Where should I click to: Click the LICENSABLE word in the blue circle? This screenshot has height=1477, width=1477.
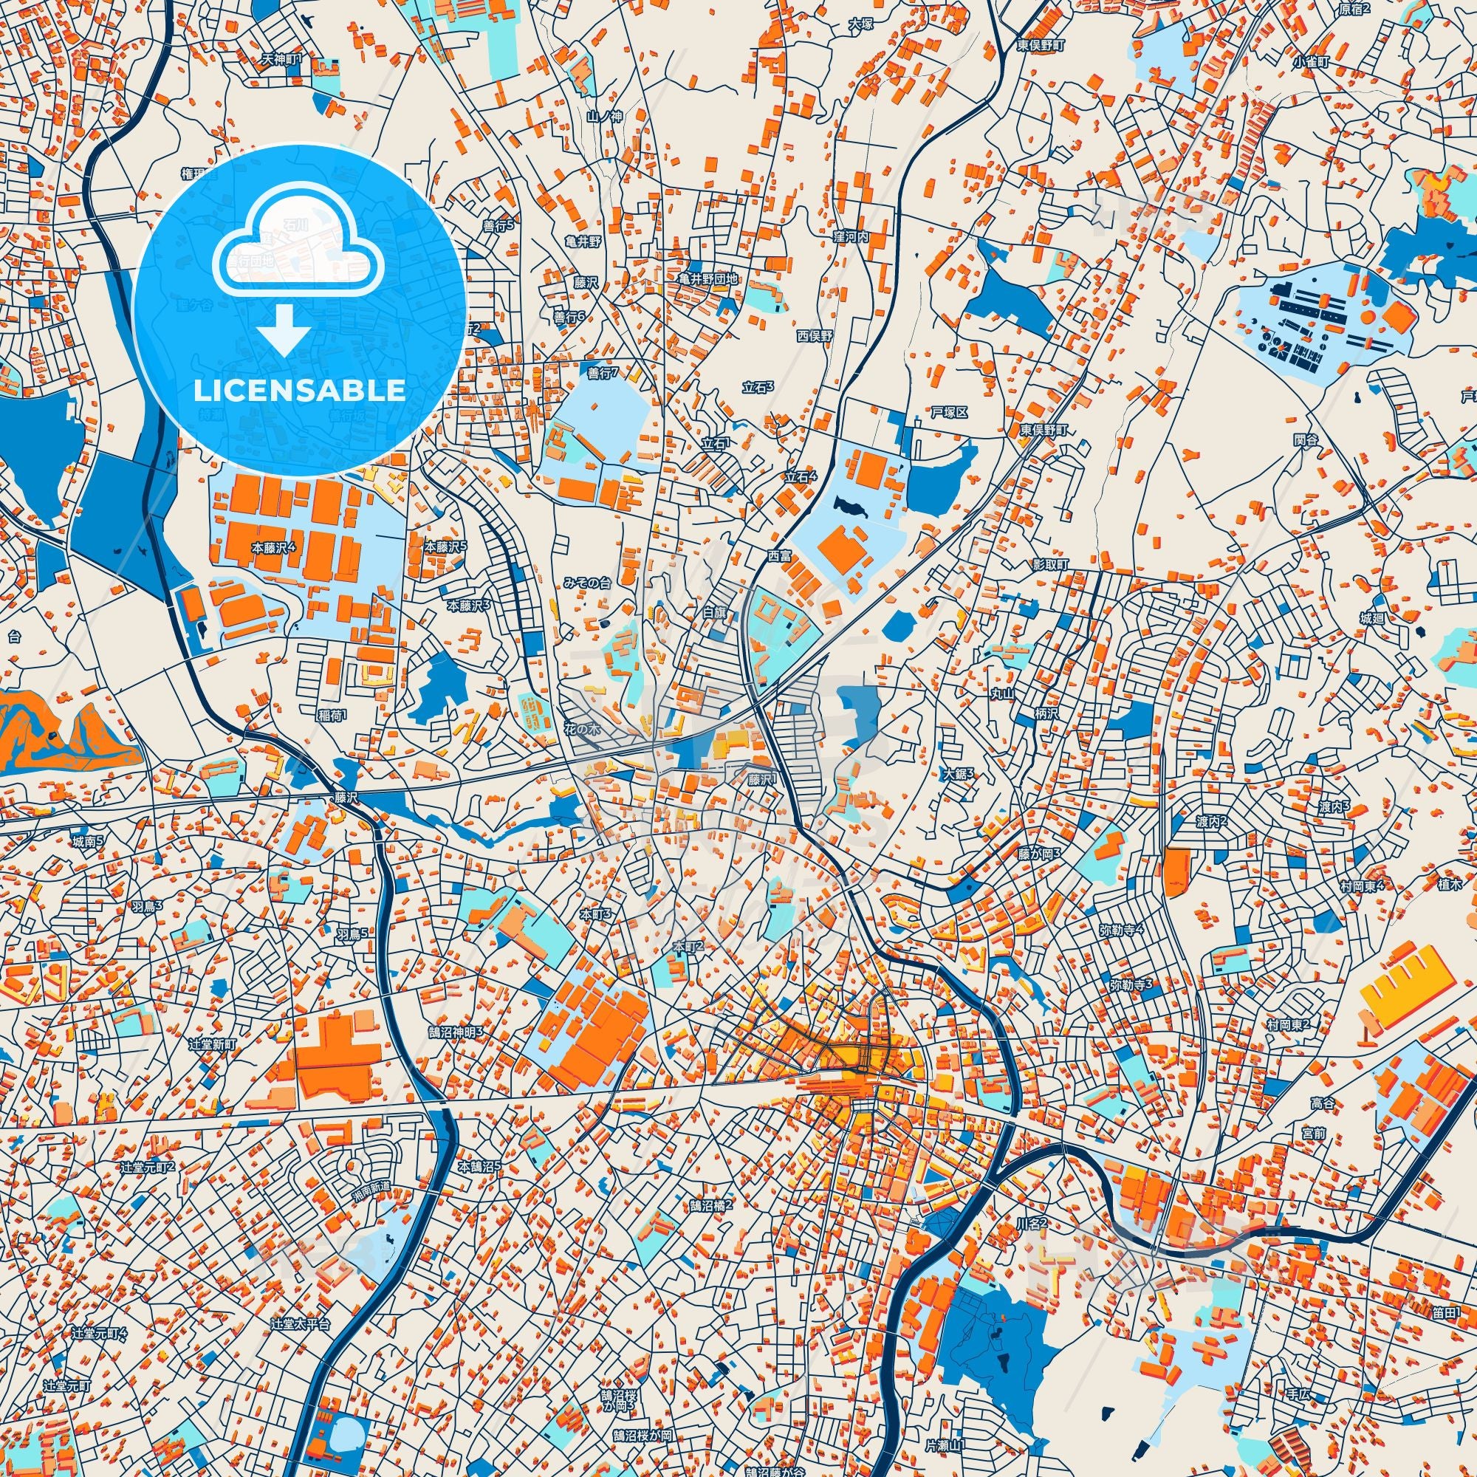299,391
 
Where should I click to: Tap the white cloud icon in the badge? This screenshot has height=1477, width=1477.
299,242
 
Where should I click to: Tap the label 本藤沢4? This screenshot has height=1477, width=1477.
279,548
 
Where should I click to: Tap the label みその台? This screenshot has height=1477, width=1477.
588,583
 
